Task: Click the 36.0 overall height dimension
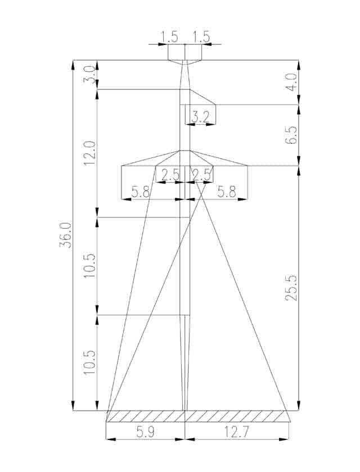65,235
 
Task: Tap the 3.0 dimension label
90,75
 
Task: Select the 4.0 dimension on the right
292,82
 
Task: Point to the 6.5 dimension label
291,135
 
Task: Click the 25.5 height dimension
291,288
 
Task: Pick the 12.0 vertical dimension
90,153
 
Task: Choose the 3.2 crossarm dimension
200,117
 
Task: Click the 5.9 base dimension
145,433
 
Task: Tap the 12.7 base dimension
236,433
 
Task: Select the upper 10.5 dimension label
90,266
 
